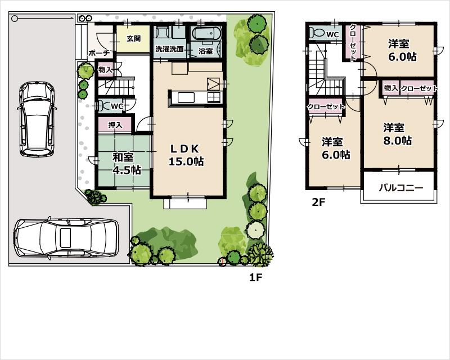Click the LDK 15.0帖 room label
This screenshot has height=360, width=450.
tap(186, 155)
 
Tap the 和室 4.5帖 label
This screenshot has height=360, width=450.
tap(127, 164)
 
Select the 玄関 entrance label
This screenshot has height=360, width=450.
tap(133, 39)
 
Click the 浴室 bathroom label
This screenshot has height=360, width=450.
tap(205, 51)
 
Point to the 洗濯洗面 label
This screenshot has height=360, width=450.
tap(169, 49)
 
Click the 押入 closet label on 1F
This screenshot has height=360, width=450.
tap(115, 124)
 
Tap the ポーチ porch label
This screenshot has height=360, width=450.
tap(98, 52)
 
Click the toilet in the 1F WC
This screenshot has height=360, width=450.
tap(104, 105)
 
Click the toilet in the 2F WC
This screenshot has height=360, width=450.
tap(318, 33)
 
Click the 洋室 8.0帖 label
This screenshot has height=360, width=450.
tap(397, 134)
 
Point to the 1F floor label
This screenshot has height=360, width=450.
tap(256, 277)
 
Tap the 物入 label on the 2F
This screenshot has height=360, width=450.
tap(391, 88)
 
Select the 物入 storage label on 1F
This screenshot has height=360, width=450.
tap(105, 70)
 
